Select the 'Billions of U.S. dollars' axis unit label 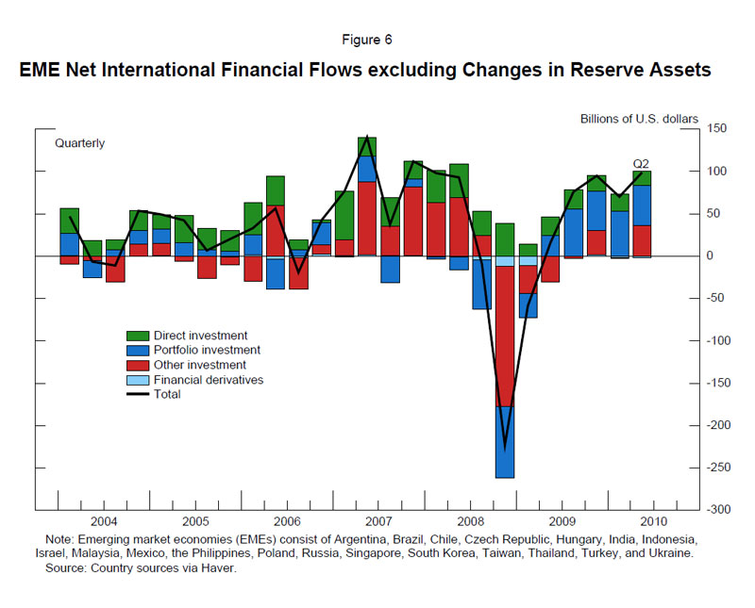639,119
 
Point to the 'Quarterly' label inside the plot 80,144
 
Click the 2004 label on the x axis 104,520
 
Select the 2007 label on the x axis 378,520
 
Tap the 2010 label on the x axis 653,520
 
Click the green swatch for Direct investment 138,336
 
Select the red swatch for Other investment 138,365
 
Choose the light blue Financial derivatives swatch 138,380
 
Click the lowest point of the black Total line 505,447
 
